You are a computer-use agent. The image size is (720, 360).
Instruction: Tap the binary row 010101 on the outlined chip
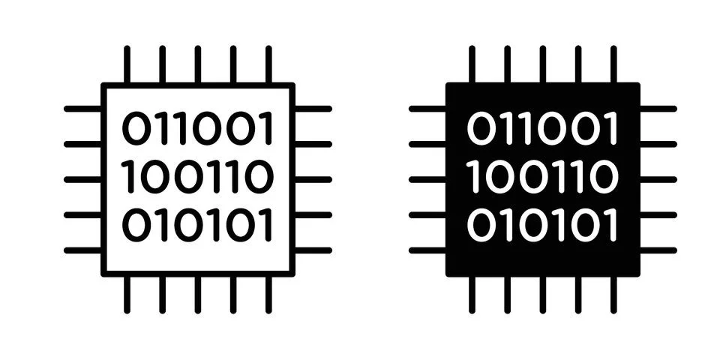197,225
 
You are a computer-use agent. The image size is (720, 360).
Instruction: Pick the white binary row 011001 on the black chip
542,128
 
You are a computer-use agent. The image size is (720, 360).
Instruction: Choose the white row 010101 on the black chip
542,225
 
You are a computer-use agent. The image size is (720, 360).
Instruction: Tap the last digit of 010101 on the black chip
613,225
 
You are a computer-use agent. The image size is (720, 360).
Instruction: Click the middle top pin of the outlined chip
198,64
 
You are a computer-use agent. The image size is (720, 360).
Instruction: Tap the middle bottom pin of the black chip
543,295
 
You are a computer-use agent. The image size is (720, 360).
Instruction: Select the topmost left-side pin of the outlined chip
83,109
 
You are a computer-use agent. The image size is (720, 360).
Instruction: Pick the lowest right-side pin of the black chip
658,250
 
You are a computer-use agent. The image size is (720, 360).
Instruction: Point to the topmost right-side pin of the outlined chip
313,109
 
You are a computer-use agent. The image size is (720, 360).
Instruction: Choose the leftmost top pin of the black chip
472,64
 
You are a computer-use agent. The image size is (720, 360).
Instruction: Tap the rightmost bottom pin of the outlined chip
268,295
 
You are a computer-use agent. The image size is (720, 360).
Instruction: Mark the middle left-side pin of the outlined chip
83,179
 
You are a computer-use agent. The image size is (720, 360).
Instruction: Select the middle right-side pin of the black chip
658,179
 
